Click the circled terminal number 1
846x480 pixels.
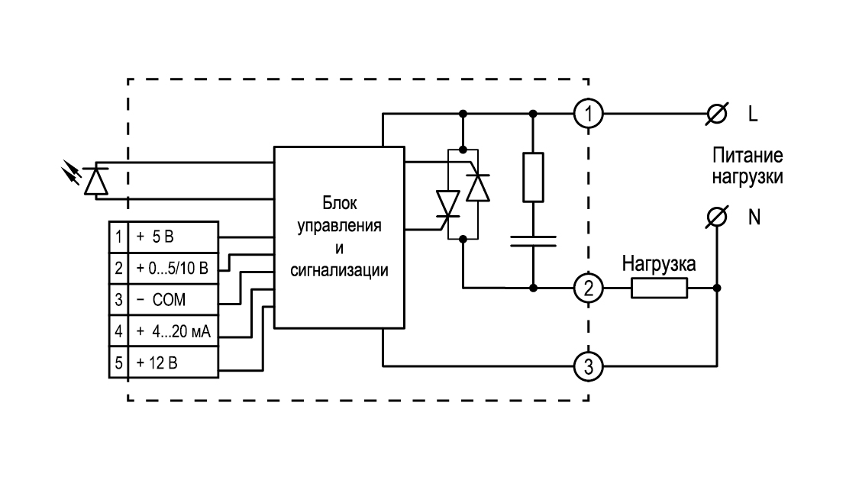coord(588,114)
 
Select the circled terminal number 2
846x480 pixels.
coord(588,288)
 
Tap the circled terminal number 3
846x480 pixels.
coord(588,367)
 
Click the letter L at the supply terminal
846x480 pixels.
coord(753,114)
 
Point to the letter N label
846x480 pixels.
coord(754,217)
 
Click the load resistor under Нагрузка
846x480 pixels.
coord(660,288)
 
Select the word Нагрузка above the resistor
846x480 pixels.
coord(659,264)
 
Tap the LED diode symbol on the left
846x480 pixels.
coord(95,180)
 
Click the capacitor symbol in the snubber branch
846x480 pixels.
coord(533,241)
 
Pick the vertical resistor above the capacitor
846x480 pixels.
coord(533,178)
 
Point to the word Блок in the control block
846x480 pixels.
coord(339,203)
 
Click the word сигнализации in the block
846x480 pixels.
coord(339,270)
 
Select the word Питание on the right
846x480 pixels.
coord(748,156)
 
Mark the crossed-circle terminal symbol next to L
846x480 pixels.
coord(716,114)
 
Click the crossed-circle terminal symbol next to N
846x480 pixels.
coord(716,217)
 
